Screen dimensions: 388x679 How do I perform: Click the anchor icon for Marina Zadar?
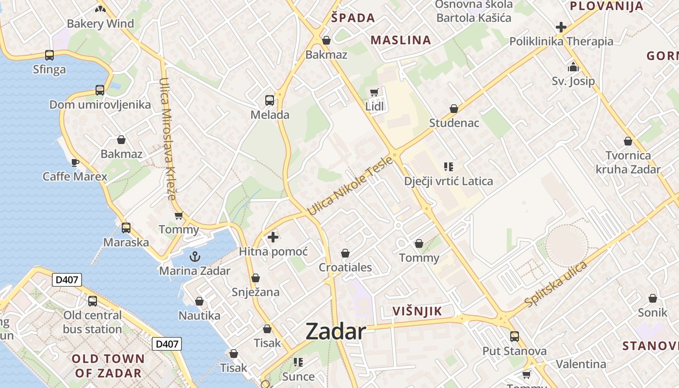[x=195, y=256]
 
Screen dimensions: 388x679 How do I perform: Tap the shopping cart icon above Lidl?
[x=374, y=92]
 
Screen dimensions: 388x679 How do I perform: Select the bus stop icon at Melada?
[x=270, y=100]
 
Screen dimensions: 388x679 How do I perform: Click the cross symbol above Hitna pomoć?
[x=273, y=237]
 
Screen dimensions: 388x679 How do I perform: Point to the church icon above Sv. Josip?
[x=573, y=66]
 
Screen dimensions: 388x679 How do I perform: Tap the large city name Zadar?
[x=336, y=332]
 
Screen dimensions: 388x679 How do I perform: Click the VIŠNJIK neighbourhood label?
[x=417, y=311]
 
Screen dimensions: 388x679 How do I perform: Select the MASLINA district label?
[x=401, y=40]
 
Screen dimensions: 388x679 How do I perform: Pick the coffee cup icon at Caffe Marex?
[x=75, y=162]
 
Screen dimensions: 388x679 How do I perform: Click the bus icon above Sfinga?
[x=49, y=55]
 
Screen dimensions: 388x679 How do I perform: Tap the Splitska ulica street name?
[x=556, y=284]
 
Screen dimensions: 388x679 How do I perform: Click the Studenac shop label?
[x=454, y=123]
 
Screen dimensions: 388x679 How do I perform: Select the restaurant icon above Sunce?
[x=298, y=362]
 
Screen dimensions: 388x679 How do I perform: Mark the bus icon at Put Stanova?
[x=514, y=336]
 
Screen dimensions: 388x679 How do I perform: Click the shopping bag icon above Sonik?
[x=653, y=298]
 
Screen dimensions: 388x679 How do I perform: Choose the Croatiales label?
[x=345, y=267]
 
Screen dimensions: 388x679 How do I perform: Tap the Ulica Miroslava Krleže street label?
[x=167, y=139]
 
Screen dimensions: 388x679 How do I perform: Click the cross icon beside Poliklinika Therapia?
[x=561, y=27]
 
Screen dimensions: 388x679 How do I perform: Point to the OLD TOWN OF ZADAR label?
[x=108, y=366]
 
